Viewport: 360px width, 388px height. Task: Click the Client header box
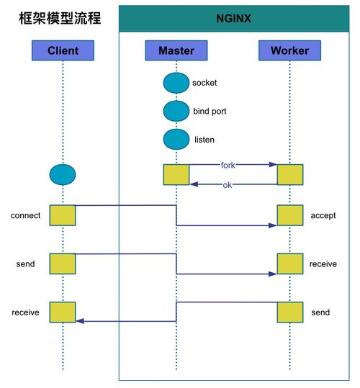tap(63, 50)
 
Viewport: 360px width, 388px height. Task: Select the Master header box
tap(176, 50)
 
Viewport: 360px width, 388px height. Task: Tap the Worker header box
tap(289, 50)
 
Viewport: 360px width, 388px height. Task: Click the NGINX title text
tap(234, 19)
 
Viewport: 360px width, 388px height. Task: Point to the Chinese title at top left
tap(60, 18)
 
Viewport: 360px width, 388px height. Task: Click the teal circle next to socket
tap(176, 83)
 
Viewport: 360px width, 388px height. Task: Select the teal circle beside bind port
tap(176, 111)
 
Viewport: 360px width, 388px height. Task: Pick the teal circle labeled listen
tap(176, 140)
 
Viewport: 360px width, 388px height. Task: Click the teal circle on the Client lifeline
tap(63, 175)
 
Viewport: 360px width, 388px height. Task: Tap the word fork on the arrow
tap(228, 165)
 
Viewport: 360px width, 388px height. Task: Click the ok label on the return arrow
tap(228, 185)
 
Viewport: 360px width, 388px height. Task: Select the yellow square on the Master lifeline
tap(176, 175)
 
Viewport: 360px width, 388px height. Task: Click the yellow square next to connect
tap(63, 215)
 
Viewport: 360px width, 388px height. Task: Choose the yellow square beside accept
tap(290, 215)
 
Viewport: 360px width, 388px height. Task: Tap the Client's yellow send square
tap(63, 263)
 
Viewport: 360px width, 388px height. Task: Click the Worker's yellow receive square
tap(290, 263)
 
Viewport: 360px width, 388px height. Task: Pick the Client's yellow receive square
tap(63, 312)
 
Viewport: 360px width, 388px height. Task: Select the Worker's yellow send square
tap(290, 312)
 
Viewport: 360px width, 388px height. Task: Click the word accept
tap(323, 216)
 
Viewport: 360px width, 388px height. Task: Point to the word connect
tap(25, 215)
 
